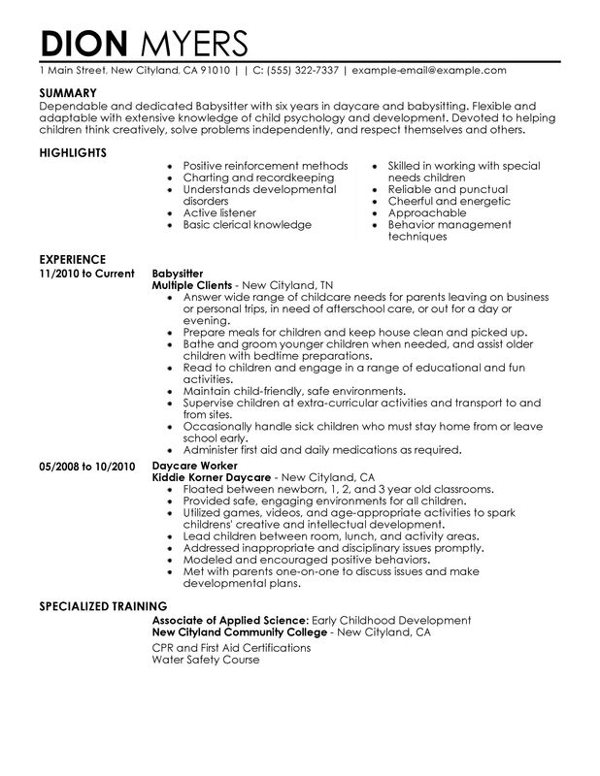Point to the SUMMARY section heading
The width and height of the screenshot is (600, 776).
67,94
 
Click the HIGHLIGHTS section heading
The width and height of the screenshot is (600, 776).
72,152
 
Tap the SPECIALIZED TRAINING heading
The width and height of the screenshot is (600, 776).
99,606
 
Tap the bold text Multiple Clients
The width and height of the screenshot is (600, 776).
193,286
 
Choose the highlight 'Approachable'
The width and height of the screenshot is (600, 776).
426,211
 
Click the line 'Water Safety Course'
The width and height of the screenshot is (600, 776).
207,659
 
